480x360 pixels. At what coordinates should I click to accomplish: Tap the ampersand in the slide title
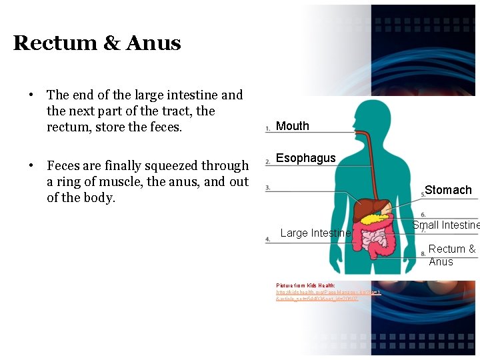point(111,43)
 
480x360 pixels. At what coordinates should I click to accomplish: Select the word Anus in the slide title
point(153,43)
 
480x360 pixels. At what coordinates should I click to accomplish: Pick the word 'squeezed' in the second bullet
point(179,165)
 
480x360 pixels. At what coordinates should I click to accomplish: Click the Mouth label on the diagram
point(293,126)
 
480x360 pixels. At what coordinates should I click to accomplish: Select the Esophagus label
point(306,158)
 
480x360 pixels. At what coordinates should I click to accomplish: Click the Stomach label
point(448,190)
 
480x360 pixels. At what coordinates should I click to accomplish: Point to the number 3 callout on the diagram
point(267,188)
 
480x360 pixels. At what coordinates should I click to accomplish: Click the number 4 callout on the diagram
point(267,239)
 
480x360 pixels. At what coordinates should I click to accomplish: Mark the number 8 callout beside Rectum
point(423,253)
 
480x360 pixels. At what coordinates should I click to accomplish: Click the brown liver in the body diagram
point(367,210)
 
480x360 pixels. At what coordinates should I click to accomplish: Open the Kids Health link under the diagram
point(327,293)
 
